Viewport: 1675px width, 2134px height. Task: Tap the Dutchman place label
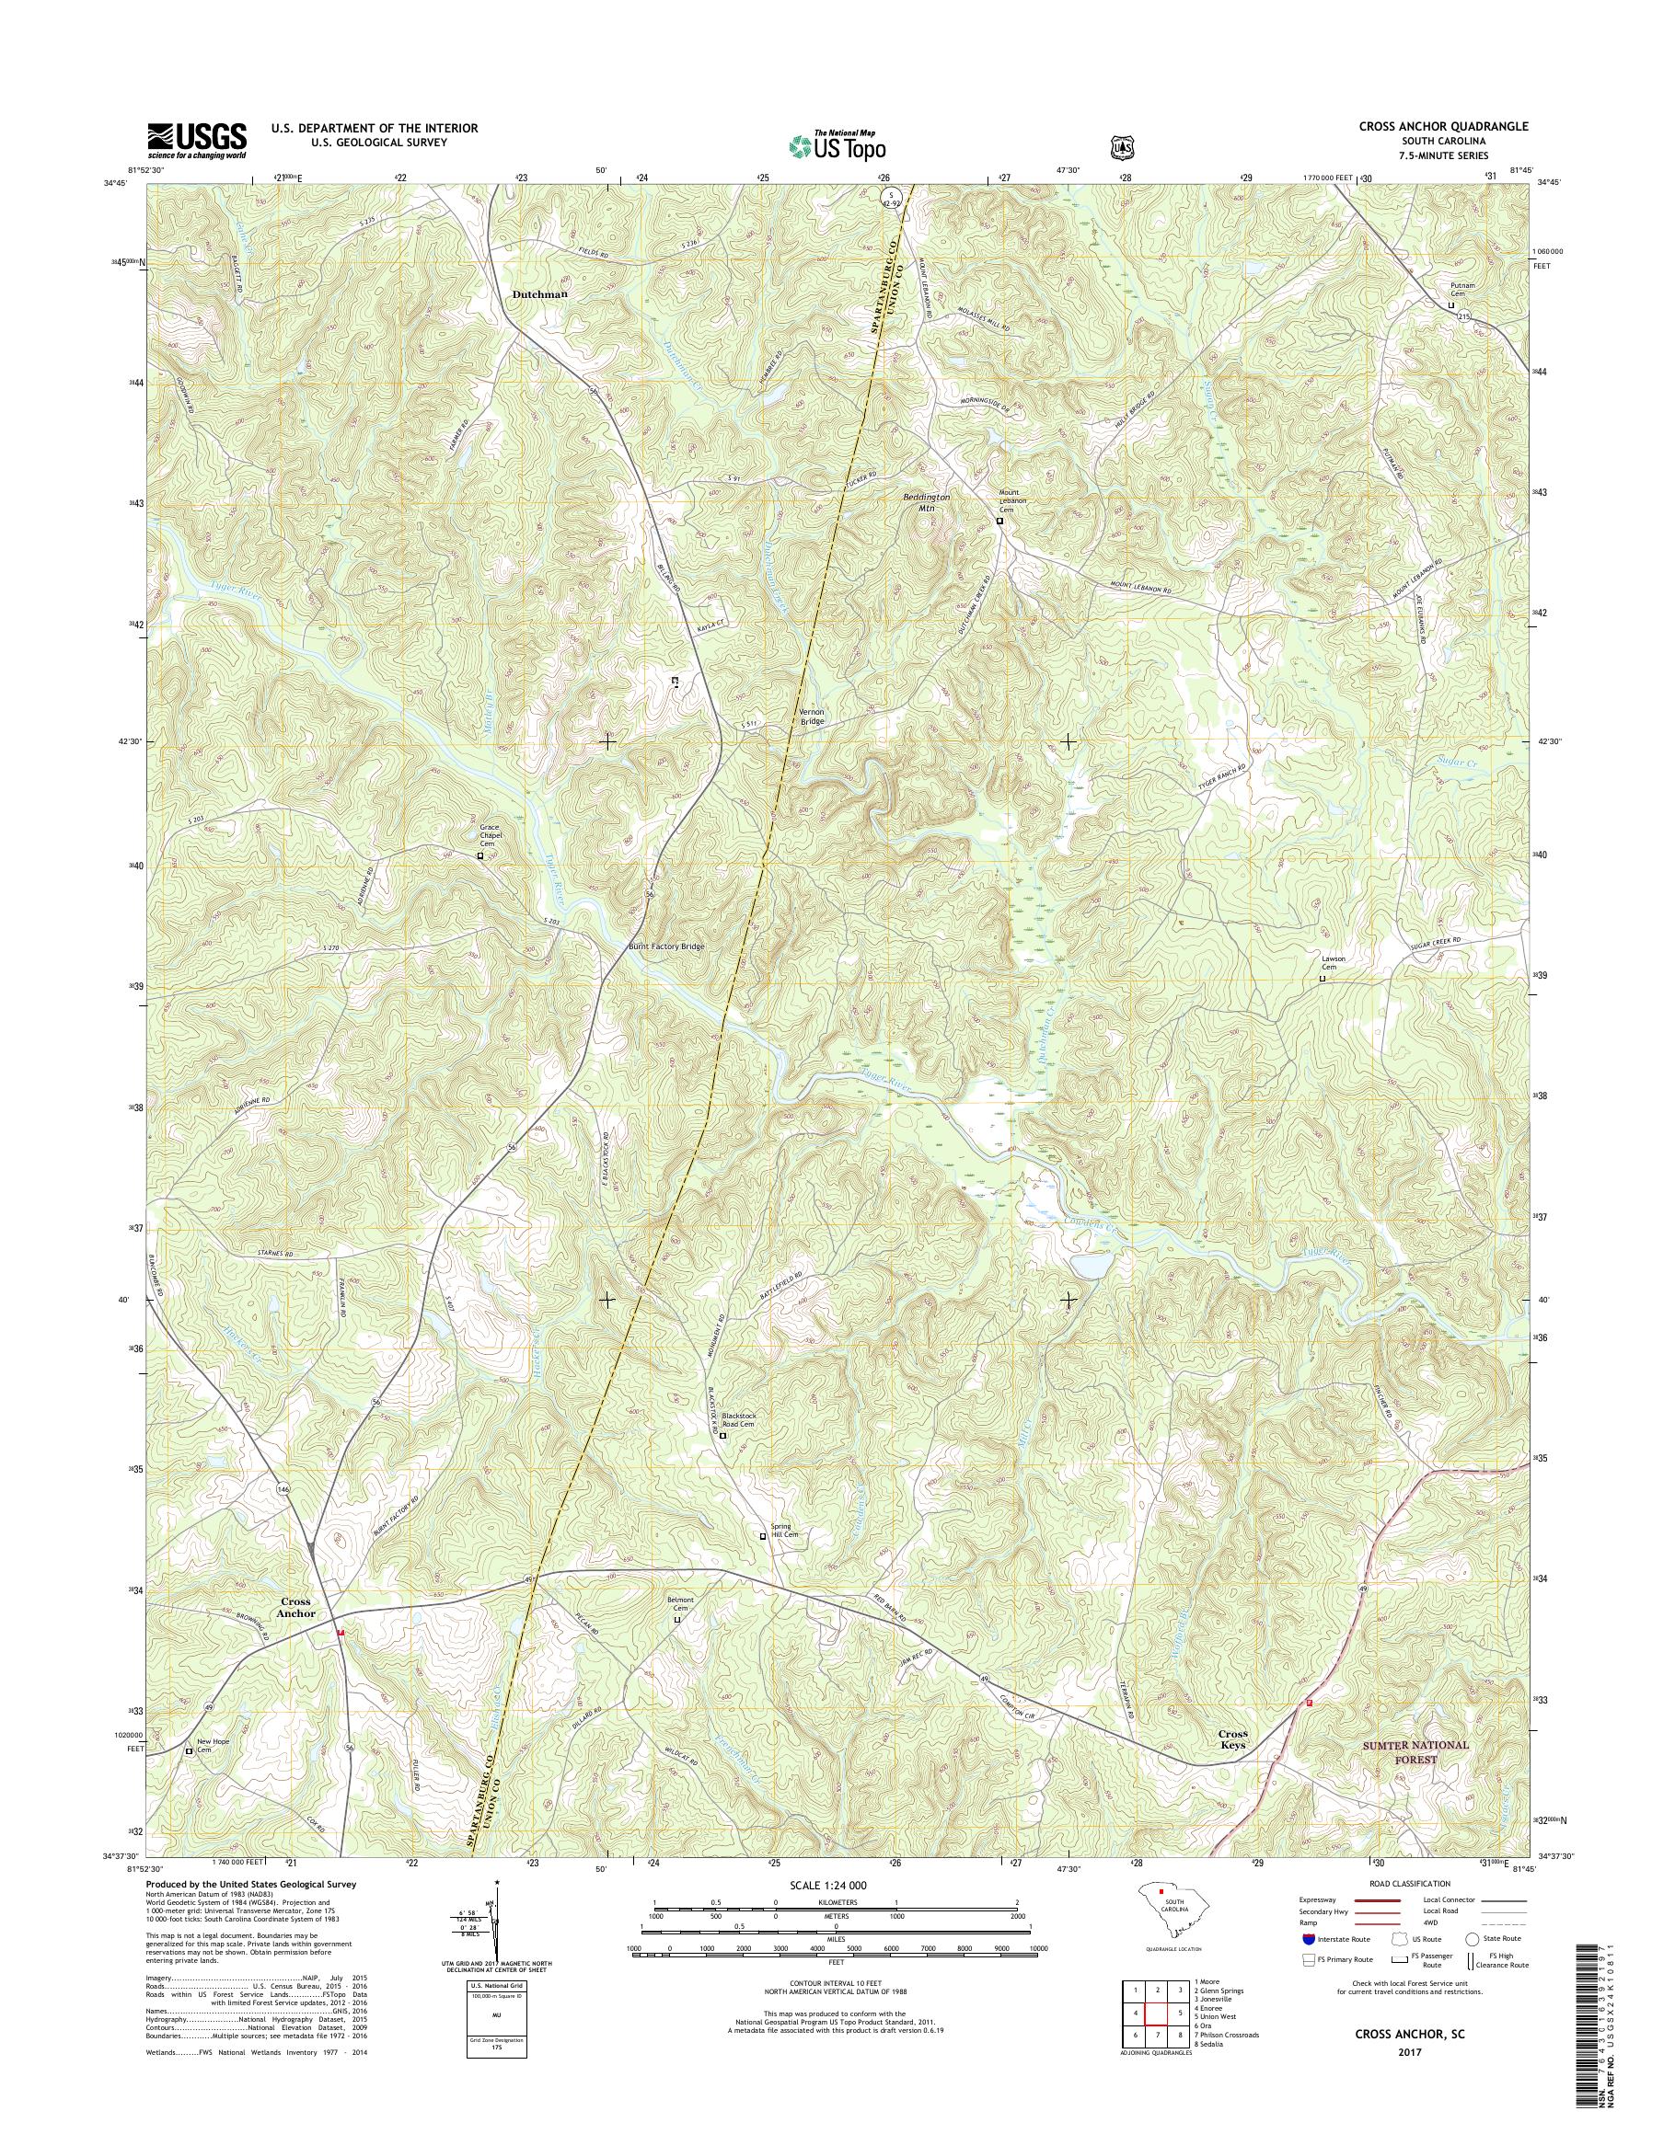click(x=539, y=293)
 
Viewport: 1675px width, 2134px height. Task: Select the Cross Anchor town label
click(x=295, y=1608)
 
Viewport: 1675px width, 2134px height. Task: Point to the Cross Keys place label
click(x=1232, y=1740)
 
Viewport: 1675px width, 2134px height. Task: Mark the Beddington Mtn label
click(x=926, y=502)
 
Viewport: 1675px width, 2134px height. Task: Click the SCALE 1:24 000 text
click(x=827, y=1885)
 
